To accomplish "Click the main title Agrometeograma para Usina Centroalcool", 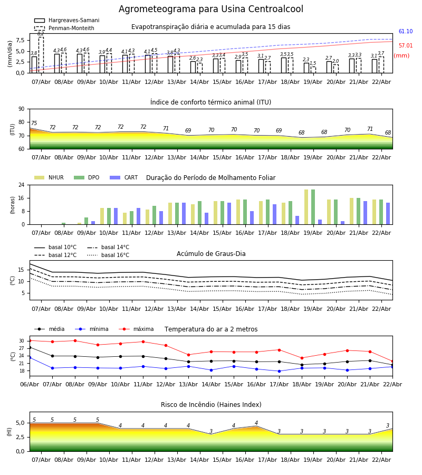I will (x=211, y=9).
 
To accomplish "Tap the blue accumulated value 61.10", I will (x=406, y=32).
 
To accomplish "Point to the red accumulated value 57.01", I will (x=406, y=46).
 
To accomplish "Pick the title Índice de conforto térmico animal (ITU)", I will (x=211, y=102).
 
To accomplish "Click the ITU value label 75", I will (x=34, y=123).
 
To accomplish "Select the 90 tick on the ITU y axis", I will (x=21, y=109).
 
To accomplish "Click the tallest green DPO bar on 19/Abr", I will (x=313, y=207).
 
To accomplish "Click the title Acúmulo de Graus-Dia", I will (x=211, y=254).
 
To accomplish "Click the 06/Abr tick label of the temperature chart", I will (x=30, y=384).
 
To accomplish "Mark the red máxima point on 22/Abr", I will (x=392, y=361).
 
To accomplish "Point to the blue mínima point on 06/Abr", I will (x=30, y=357).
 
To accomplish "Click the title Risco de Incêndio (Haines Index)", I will (x=211, y=405).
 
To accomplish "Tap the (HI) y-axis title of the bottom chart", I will (x=9, y=431).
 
